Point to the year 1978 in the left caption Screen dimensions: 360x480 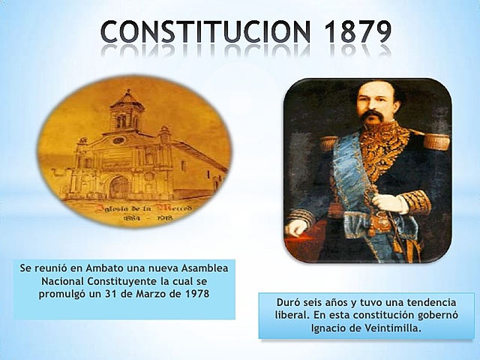pyautogui.click(x=194, y=292)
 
